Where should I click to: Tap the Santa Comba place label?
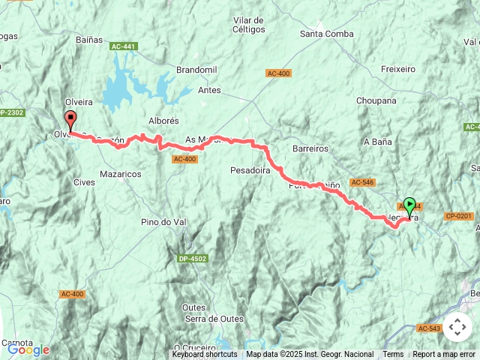pos(327,34)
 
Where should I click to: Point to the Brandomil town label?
pos(196,70)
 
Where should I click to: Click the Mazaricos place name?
pos(120,173)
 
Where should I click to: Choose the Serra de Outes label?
pos(214,319)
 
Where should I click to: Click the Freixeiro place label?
pos(397,69)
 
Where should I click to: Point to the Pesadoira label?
pos(250,170)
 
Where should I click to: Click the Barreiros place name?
pos(310,148)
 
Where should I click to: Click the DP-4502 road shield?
pos(193,259)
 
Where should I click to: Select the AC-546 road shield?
pos(361,182)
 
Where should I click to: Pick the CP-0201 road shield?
pos(459,216)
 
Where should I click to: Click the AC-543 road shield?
pos(429,328)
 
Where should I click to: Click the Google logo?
pos(28,349)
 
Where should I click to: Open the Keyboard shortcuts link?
pos(205,355)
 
